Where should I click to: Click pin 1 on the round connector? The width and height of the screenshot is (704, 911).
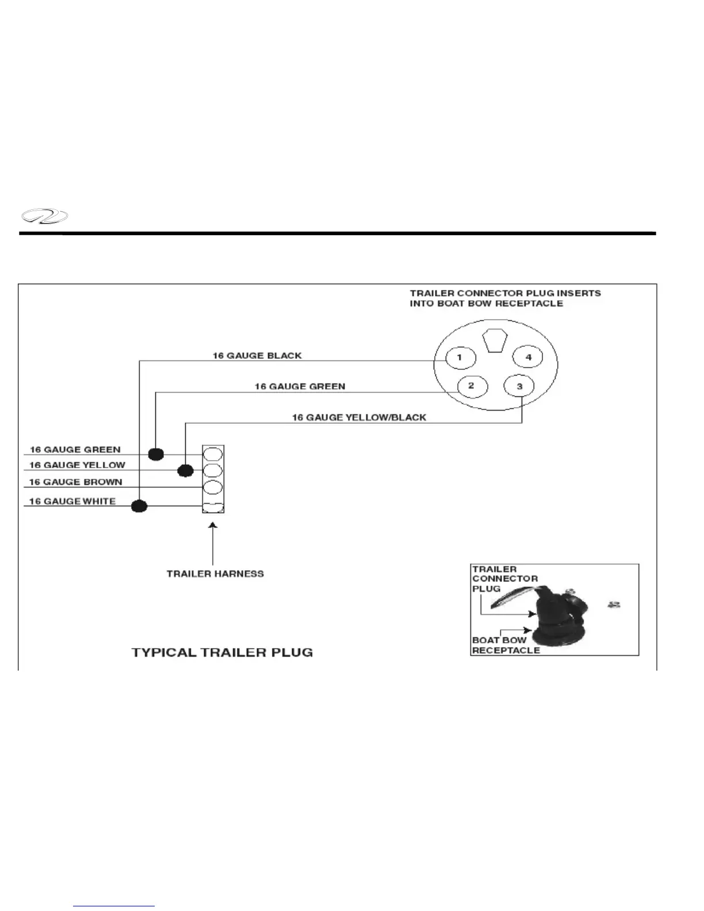pyautogui.click(x=460, y=358)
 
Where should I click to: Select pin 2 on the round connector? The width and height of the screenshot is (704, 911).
pyautogui.click(x=471, y=385)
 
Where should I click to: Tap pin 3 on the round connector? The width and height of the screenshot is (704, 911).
pyautogui.click(x=519, y=386)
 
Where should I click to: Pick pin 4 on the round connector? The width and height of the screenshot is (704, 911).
pyautogui.click(x=529, y=357)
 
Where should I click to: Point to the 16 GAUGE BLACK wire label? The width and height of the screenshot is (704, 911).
pyautogui.click(x=257, y=355)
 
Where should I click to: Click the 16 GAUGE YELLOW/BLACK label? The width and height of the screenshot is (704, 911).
pyautogui.click(x=359, y=417)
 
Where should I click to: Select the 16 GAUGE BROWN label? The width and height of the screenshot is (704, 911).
pyautogui.click(x=75, y=482)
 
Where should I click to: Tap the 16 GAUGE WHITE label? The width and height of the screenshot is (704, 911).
pyautogui.click(x=72, y=501)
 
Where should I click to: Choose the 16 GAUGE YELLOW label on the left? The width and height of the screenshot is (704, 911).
pyautogui.click(x=77, y=465)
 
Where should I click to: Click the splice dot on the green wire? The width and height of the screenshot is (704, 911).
pyautogui.click(x=156, y=454)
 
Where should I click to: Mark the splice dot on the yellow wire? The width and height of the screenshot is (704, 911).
pyautogui.click(x=185, y=470)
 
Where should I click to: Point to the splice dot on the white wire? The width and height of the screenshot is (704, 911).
pyautogui.click(x=139, y=507)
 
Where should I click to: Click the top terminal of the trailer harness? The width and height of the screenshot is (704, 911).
pyautogui.click(x=213, y=454)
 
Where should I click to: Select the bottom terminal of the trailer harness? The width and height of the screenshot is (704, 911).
pyautogui.click(x=213, y=506)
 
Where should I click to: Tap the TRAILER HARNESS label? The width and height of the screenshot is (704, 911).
pyautogui.click(x=215, y=573)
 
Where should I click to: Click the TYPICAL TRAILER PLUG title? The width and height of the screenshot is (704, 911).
pyautogui.click(x=222, y=652)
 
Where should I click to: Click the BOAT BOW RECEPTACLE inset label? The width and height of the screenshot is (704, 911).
pyautogui.click(x=506, y=645)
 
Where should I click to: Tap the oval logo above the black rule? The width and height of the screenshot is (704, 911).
pyautogui.click(x=44, y=217)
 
